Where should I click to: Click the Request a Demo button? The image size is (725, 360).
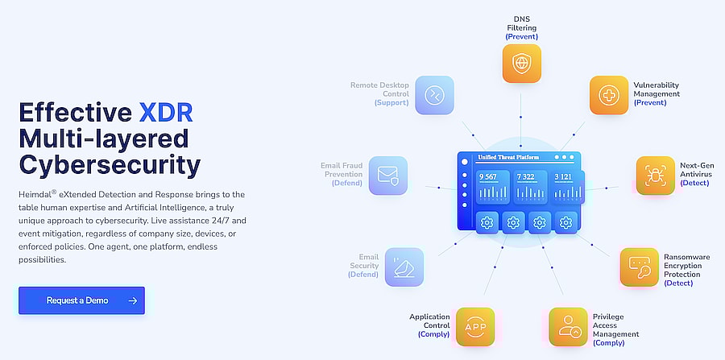[81, 300]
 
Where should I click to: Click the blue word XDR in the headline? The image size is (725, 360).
[165, 112]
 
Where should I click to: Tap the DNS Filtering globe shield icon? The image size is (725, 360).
[521, 64]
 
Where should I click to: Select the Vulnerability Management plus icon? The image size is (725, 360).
[609, 95]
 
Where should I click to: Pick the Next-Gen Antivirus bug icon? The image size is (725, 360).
[656, 175]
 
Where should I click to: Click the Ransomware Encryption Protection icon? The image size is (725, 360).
[640, 267]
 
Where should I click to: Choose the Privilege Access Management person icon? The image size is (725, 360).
[568, 327]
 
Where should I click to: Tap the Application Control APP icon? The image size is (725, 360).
[475, 327]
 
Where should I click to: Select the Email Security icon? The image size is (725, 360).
[404, 267]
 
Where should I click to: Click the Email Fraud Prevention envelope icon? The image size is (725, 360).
[388, 175]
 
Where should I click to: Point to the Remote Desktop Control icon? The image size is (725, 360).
[435, 95]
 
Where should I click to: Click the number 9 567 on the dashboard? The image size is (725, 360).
[488, 177]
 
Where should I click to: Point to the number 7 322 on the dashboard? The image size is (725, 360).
[526, 177]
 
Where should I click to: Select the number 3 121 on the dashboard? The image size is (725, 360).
[563, 177]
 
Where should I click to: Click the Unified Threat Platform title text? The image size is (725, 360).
[508, 157]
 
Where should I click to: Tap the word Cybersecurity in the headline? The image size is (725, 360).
[110, 165]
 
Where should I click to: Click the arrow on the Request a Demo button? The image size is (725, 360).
[133, 301]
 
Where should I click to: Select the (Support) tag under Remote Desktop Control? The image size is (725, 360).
[391, 102]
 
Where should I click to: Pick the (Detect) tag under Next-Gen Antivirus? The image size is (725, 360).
[694, 183]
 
